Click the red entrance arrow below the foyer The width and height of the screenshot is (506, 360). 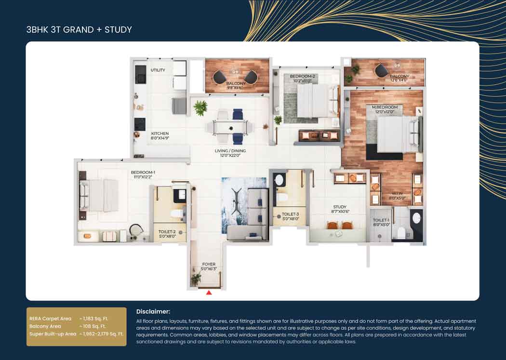209,293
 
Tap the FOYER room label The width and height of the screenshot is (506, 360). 209,265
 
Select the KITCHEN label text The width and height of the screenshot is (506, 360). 160,133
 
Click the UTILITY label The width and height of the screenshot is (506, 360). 158,70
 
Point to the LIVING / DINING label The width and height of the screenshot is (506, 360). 230,151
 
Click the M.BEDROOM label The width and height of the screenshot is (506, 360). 385,107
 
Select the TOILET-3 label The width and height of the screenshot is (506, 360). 290,214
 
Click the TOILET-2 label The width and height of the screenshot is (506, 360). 167,232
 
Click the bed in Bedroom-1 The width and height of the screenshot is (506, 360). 99,195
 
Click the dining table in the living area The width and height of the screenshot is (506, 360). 229,127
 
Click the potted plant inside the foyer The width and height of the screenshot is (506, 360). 196,279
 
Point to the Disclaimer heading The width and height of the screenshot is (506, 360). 153,312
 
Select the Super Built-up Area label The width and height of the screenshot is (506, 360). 53,334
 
